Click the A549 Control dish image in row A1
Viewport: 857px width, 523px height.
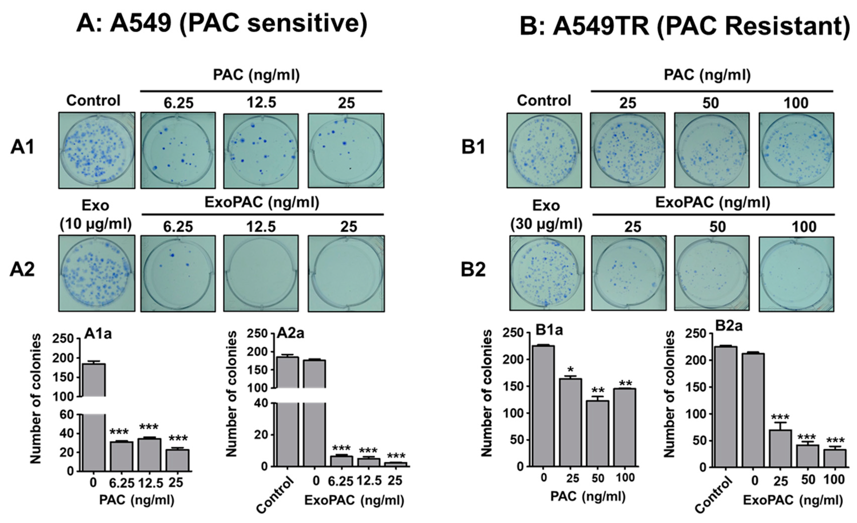96,150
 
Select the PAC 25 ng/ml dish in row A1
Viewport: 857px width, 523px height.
346,150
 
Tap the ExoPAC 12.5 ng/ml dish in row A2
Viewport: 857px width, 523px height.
261,273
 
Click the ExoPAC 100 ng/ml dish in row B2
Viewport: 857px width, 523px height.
796,274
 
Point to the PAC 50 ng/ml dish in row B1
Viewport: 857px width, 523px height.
712,150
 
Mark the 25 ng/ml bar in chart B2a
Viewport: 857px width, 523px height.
780,449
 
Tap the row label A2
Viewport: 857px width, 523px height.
22,270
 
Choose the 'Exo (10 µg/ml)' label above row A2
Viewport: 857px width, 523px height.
96,215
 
